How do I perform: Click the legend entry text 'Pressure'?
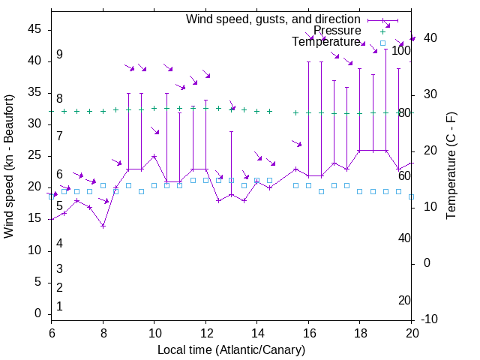point(337,31)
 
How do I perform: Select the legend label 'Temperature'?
point(326,42)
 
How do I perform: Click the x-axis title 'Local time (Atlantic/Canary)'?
point(231,349)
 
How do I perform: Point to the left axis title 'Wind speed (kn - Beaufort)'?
point(9,166)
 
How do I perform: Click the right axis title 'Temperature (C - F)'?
point(451,166)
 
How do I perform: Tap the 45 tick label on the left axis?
point(34,29)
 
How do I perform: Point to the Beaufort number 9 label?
point(59,55)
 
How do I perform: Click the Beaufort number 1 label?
point(59,306)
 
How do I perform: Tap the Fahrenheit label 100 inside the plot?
point(402,51)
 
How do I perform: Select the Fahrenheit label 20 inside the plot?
point(404,300)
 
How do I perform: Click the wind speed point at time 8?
point(103,226)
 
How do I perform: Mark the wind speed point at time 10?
point(154,156)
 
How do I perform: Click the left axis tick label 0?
point(37,313)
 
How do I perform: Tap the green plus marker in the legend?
point(382,31)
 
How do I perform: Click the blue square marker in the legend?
point(382,43)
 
